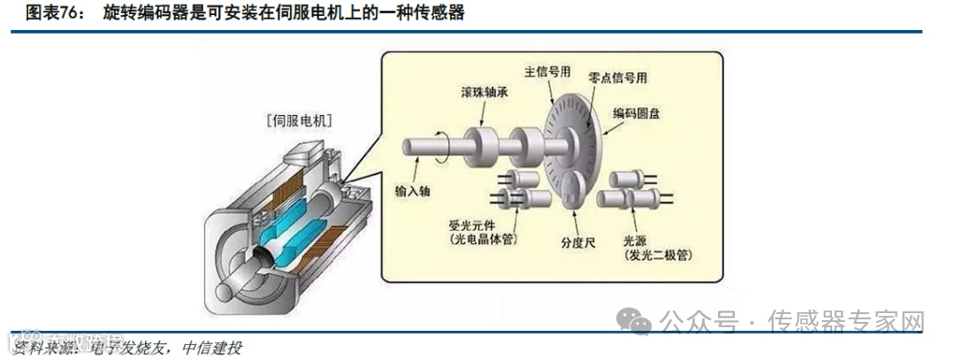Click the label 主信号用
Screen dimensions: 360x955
(x=547, y=71)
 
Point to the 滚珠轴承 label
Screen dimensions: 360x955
(x=485, y=92)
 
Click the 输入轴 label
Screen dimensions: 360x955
(x=415, y=190)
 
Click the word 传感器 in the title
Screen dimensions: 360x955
(x=436, y=13)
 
